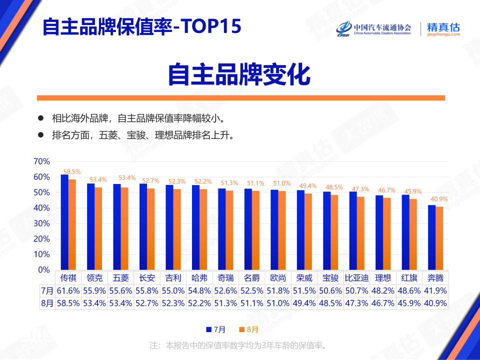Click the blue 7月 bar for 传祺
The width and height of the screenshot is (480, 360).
point(64,222)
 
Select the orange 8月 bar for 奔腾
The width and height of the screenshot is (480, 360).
point(439,238)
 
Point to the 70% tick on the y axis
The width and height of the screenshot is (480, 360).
point(41,161)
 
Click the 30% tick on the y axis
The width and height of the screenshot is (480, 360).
point(41,223)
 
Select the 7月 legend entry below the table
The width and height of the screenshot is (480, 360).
point(215,329)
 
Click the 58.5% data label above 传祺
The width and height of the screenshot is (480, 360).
point(72,171)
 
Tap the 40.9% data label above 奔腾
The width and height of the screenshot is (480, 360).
point(439,199)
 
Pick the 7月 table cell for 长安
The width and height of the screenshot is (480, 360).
point(147,290)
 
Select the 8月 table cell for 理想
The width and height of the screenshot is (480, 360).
point(383,303)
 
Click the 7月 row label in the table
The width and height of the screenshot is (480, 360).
point(47,290)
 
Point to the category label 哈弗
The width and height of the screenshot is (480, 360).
point(199,277)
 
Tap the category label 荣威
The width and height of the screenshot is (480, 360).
point(304,277)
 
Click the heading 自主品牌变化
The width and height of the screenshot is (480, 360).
point(239,75)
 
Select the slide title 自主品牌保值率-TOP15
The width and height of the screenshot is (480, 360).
point(141,27)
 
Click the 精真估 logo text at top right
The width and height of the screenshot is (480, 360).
point(443,28)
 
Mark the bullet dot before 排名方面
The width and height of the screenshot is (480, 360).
point(41,135)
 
